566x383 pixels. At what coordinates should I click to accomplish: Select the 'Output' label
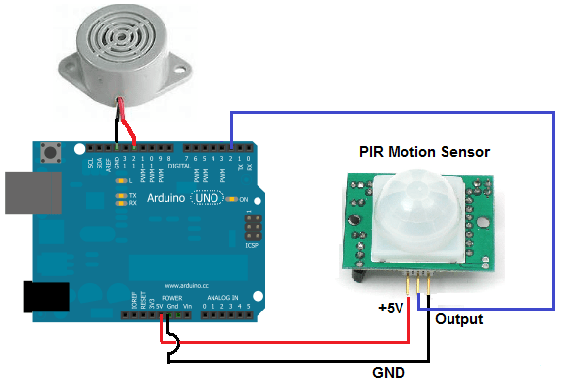[x=458, y=320]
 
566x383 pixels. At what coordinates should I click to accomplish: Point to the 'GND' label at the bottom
[x=388, y=372]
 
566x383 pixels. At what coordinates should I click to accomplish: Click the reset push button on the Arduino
[x=50, y=153]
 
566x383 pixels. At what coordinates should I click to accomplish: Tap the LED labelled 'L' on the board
[x=122, y=181]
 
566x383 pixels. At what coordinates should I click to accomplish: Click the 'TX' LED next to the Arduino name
[x=121, y=195]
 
